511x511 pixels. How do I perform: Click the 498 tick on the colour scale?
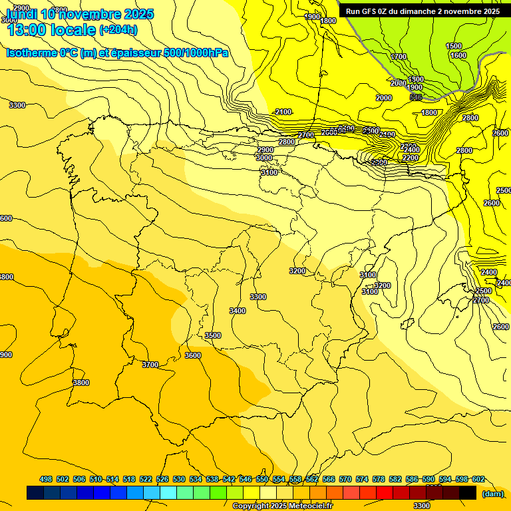[46, 479]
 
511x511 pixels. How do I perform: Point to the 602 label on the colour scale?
[478, 479]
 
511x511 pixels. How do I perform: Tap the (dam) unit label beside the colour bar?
[493, 494]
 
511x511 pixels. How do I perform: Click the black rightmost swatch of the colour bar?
[468, 493]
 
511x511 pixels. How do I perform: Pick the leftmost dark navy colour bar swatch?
[35, 493]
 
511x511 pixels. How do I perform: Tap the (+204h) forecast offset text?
[118, 29]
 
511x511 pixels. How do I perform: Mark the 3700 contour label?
[150, 365]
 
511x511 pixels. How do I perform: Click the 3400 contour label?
[237, 311]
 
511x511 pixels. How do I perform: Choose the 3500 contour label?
[213, 335]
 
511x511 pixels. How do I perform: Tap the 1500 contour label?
[454, 46]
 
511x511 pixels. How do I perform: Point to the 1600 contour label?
[458, 55]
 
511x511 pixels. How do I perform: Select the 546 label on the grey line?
[416, 97]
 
